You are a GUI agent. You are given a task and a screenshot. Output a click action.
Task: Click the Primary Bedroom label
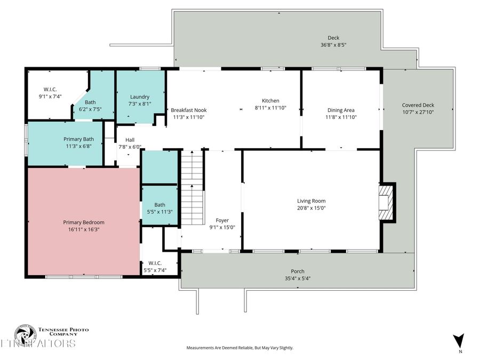[x=84, y=222]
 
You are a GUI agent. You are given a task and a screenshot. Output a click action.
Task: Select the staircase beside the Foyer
[x=192, y=173]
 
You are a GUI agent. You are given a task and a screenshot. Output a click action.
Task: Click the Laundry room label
[x=140, y=97]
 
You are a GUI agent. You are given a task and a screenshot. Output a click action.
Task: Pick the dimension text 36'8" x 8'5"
[x=333, y=45]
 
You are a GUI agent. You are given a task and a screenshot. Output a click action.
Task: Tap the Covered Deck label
[x=418, y=105]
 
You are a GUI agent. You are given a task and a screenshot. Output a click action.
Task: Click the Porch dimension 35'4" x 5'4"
[x=298, y=278]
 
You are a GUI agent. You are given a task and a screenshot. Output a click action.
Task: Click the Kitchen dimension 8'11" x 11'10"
[x=270, y=107]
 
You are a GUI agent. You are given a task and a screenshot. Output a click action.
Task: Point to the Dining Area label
[x=341, y=110]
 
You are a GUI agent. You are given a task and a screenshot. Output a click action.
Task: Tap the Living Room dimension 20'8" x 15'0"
[x=311, y=207]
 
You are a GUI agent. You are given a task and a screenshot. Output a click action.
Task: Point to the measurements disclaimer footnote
[x=239, y=348]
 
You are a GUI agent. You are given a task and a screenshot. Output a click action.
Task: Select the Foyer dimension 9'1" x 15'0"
[x=222, y=227]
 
